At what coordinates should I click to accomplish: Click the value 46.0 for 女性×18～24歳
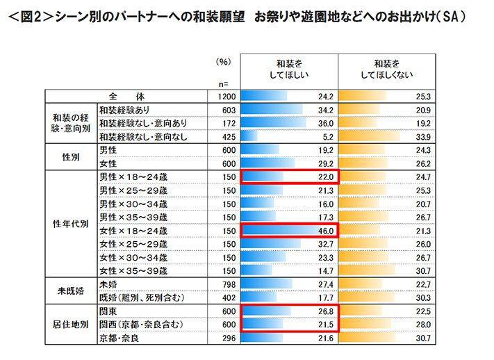point(327,231)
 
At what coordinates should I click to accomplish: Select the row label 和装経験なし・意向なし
point(143,136)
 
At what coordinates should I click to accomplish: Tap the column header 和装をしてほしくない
point(386,67)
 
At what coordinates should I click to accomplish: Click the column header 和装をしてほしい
point(288,67)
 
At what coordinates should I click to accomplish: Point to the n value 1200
point(222,96)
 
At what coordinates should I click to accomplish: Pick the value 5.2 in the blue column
point(329,136)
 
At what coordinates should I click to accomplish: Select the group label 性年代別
point(70,224)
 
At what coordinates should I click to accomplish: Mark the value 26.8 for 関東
point(327,311)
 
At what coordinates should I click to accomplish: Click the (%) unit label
point(223,61)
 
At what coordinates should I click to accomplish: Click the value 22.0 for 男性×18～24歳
point(327,177)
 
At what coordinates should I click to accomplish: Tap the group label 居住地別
point(70,325)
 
